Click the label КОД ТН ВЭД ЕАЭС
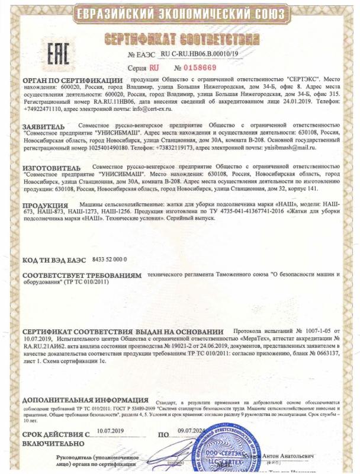click(x=56, y=260)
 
